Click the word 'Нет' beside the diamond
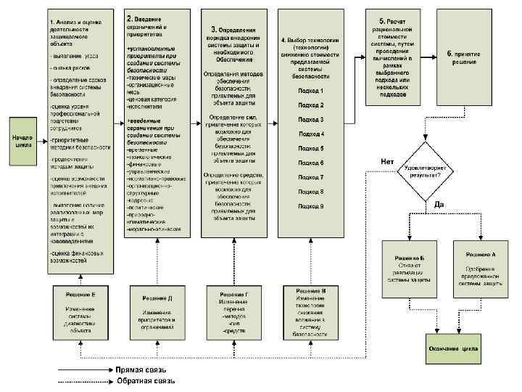pyautogui.click(x=388, y=160)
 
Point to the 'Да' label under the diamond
pyautogui.click(x=439, y=205)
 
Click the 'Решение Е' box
pyautogui.click(x=81, y=311)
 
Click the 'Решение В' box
pyautogui.click(x=310, y=311)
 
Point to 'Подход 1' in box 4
pyautogui.click(x=310, y=91)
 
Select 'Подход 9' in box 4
pyautogui.click(x=310, y=206)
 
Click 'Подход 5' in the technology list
pyautogui.click(x=310, y=149)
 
